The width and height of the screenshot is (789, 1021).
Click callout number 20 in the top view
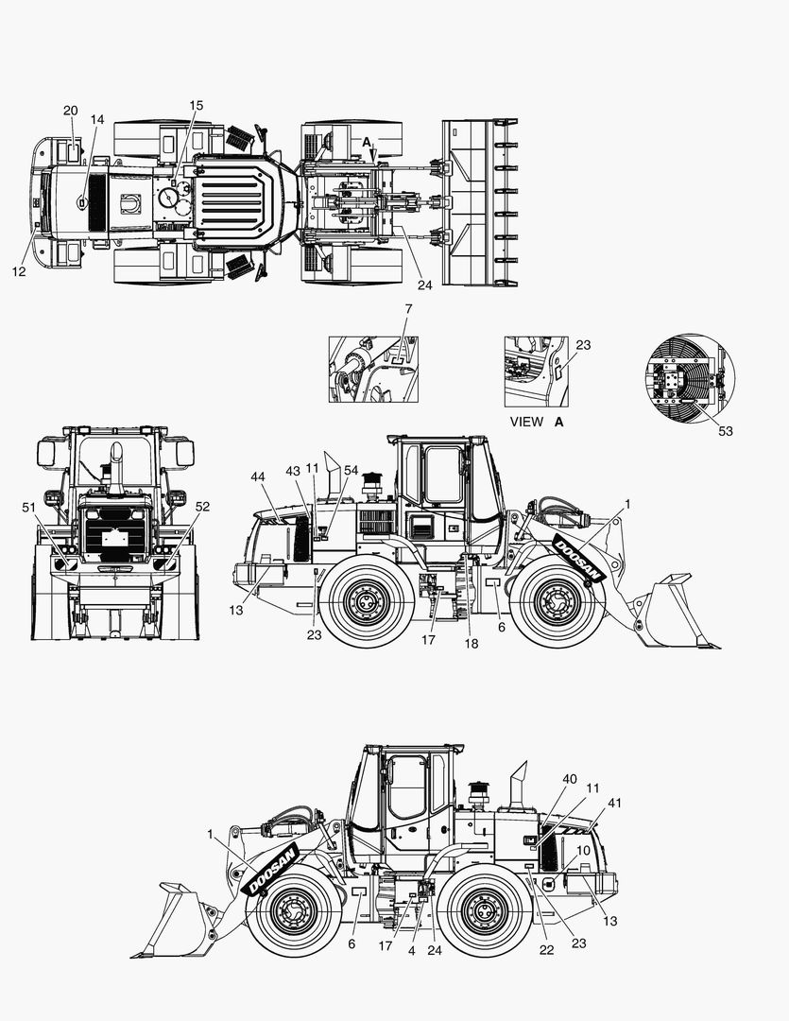(x=70, y=111)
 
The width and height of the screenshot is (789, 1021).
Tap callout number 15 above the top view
(x=196, y=106)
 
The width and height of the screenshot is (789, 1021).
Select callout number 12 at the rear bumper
(x=19, y=271)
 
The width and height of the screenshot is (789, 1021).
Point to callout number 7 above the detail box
(x=408, y=308)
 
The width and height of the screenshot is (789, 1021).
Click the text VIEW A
(x=537, y=422)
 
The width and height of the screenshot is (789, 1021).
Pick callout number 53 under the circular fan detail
(x=725, y=431)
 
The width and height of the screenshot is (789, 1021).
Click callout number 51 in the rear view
(x=28, y=508)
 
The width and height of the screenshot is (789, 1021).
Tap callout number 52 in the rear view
(x=202, y=507)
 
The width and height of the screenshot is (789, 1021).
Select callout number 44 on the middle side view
(x=258, y=477)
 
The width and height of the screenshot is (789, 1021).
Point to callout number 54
(x=351, y=471)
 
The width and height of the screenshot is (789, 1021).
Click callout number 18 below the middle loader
(x=472, y=644)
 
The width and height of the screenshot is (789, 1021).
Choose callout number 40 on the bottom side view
(x=570, y=779)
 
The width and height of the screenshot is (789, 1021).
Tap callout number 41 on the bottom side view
(x=614, y=804)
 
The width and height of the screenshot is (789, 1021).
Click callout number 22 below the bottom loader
(x=547, y=950)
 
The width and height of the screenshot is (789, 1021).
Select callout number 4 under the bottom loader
(x=411, y=951)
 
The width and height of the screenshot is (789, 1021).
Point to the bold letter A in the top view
(x=367, y=142)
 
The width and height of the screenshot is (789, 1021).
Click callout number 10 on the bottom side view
(x=583, y=851)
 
